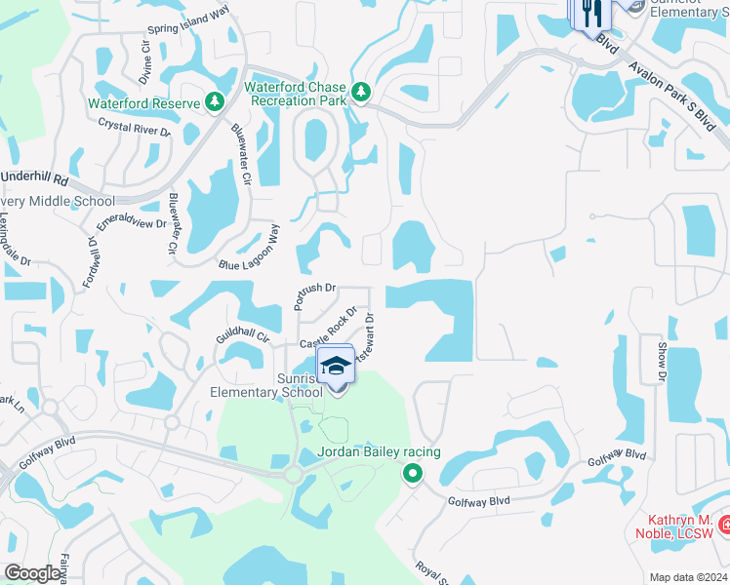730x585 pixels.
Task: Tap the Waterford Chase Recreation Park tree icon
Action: (361, 92)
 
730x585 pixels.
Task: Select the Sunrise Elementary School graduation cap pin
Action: (335, 368)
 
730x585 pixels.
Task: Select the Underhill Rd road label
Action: (34, 179)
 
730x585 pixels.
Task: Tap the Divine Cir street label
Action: (146, 62)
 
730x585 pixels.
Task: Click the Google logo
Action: (34, 573)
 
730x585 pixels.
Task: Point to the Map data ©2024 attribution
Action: (687, 577)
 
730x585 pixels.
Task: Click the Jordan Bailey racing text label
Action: (380, 451)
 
